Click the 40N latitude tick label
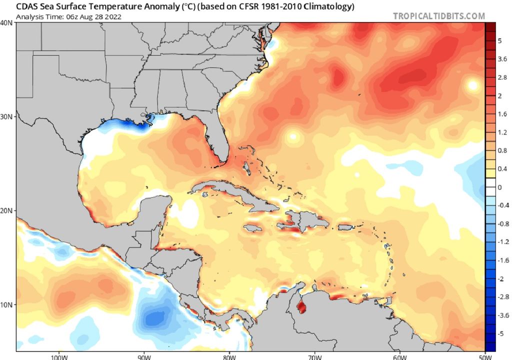tap(7, 23)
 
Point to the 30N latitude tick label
tap(7, 116)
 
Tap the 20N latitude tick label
tap(7, 210)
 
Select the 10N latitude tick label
tap(7, 304)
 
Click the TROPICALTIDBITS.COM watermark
tap(438, 16)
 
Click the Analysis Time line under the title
tap(68, 17)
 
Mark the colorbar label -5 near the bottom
tap(500, 333)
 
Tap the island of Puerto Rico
tap(346, 228)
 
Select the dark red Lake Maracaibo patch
tap(301, 305)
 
